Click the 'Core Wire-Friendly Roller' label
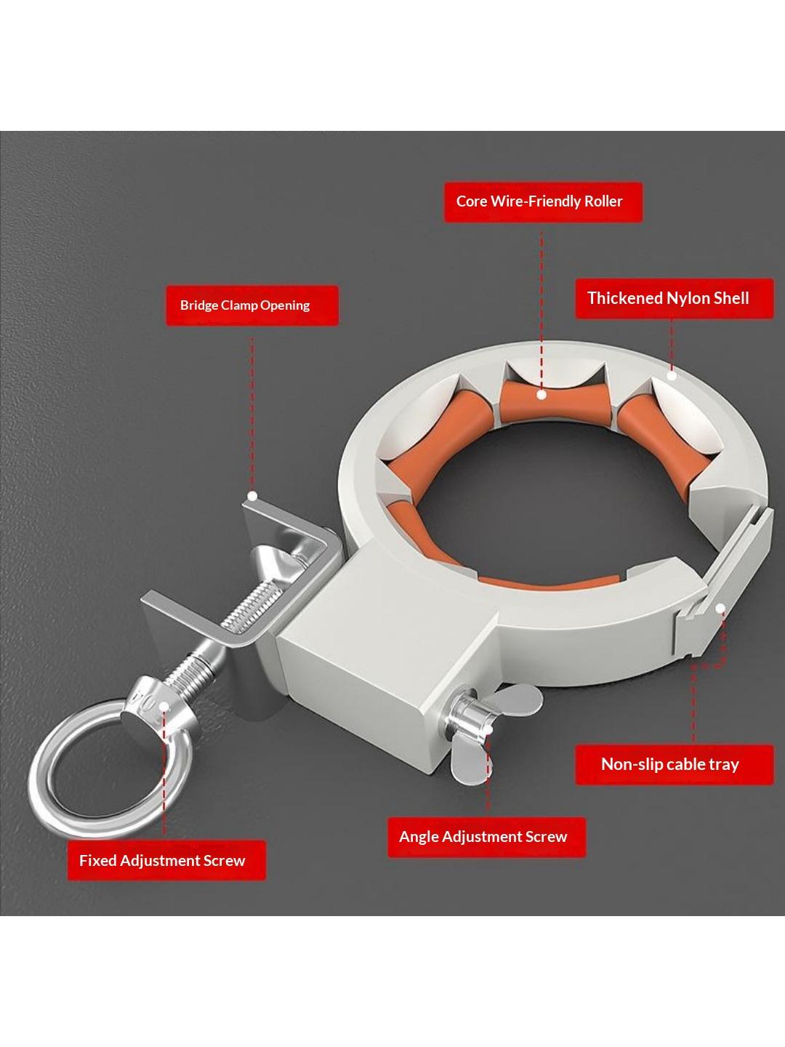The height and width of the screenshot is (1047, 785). pos(543,202)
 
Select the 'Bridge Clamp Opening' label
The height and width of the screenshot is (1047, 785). pos(252,305)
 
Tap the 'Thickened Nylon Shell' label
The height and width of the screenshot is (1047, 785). pos(675,299)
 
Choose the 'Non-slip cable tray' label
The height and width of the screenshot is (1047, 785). pos(675,765)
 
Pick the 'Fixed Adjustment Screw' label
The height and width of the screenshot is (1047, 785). pos(166,861)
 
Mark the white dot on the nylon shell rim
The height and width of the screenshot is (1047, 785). pos(672,375)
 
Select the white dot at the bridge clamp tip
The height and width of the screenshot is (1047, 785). pos(253,496)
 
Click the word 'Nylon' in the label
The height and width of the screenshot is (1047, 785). pos(688,299)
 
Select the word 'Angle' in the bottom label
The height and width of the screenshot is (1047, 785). pos(419,838)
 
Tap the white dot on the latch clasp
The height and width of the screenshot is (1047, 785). pos(721,607)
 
